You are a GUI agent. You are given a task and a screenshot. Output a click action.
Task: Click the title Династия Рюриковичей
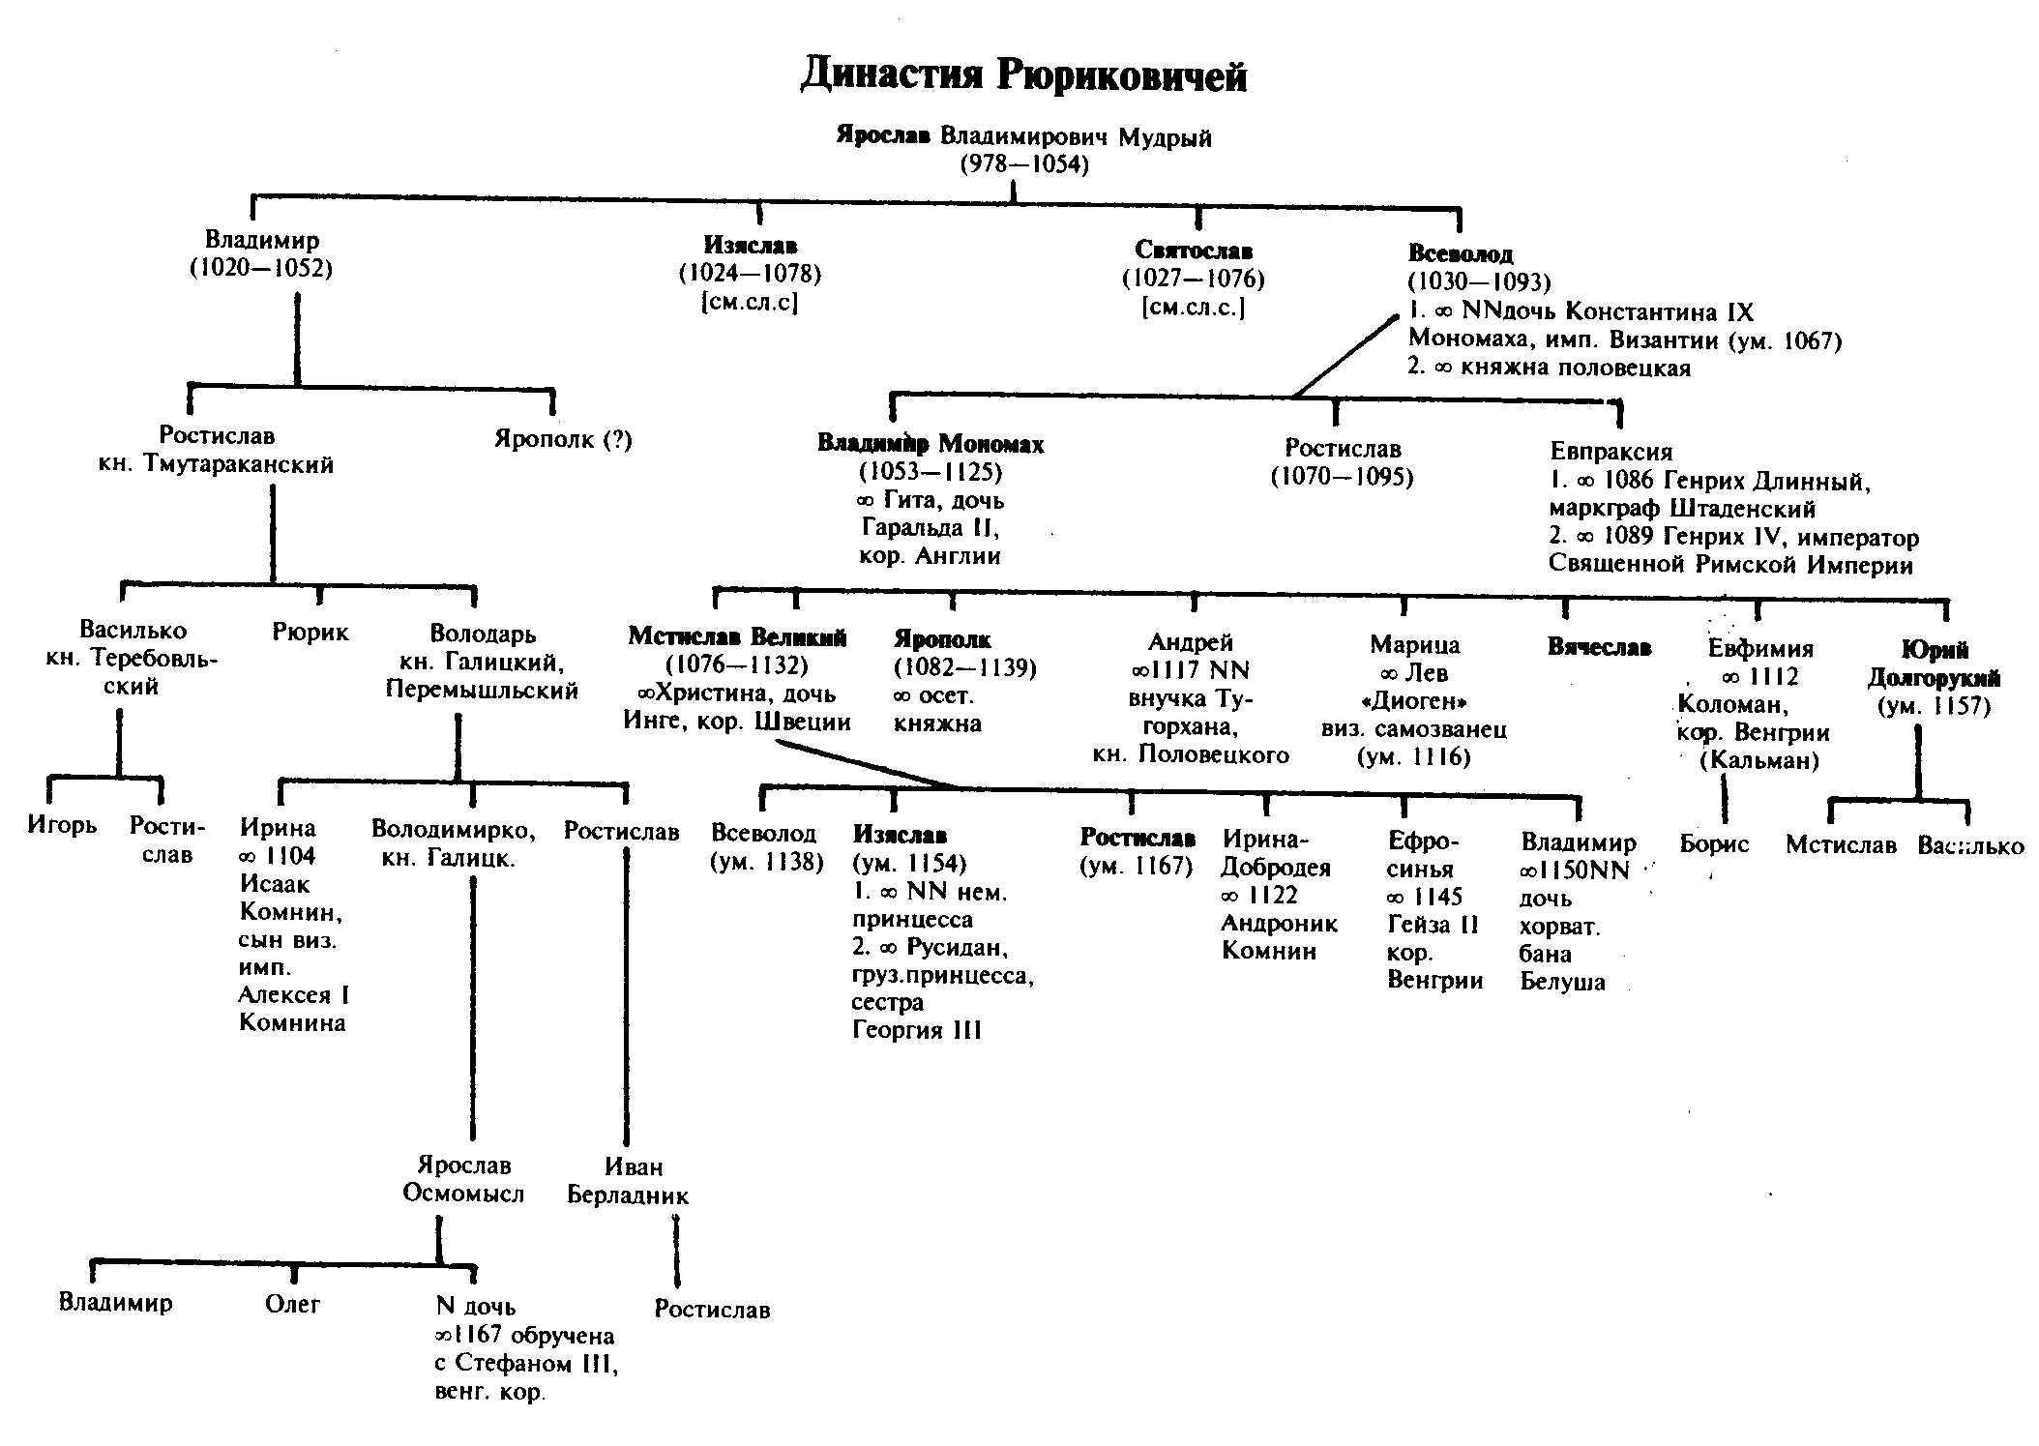click(1022, 74)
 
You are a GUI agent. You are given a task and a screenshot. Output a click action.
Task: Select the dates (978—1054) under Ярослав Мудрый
click(1023, 164)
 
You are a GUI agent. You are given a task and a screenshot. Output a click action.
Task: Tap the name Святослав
click(1194, 251)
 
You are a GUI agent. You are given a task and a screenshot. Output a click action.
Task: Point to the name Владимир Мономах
click(931, 444)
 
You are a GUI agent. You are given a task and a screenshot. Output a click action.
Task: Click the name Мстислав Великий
click(737, 636)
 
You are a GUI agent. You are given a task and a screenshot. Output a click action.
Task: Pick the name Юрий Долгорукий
click(1934, 664)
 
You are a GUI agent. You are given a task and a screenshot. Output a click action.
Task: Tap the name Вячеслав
click(1599, 647)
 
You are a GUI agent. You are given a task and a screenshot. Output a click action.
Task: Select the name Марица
click(1414, 644)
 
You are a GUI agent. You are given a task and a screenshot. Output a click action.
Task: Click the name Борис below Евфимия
click(1714, 843)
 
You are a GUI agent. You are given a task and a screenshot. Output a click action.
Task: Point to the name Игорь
click(62, 825)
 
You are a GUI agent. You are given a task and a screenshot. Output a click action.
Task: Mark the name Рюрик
click(310, 633)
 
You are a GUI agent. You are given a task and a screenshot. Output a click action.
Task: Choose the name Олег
click(292, 1304)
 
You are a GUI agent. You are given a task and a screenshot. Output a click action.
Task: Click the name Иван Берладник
click(629, 1181)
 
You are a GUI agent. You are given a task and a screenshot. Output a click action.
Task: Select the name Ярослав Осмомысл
click(463, 1179)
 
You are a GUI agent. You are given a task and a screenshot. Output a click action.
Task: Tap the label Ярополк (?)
click(563, 439)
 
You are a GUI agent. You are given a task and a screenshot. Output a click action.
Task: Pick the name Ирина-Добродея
click(1275, 853)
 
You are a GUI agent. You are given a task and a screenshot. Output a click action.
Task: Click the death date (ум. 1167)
click(1136, 866)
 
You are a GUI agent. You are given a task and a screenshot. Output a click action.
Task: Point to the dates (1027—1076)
click(1193, 280)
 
